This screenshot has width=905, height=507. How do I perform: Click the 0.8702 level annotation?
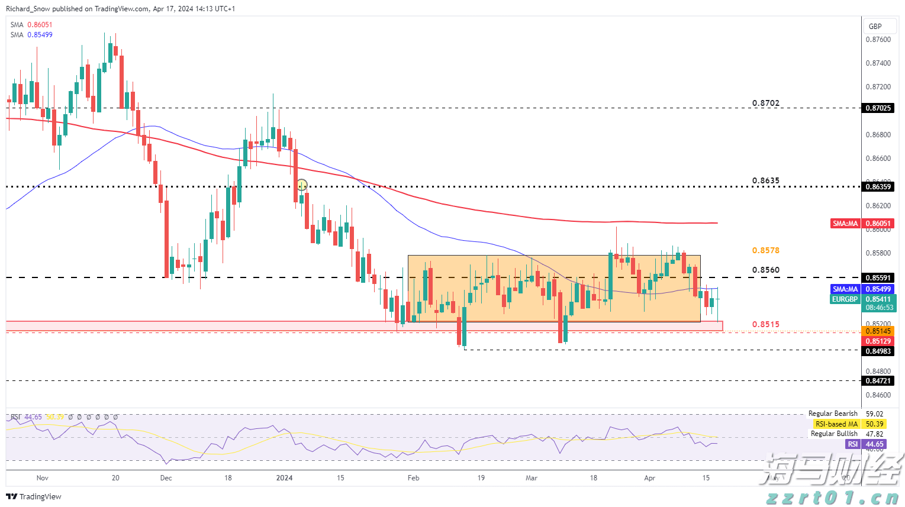point(765,103)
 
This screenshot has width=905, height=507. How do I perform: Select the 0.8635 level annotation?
point(765,181)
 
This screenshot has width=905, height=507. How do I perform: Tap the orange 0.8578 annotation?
point(765,251)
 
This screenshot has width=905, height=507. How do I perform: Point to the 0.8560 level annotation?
point(765,270)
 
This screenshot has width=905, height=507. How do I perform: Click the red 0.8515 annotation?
point(765,325)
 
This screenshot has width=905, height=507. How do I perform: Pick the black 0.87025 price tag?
point(878,108)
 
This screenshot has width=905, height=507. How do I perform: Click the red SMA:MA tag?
point(845,224)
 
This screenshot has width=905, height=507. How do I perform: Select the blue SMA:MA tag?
point(845,289)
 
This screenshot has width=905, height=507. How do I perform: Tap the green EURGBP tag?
point(845,299)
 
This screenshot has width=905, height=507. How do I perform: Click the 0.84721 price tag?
point(878,381)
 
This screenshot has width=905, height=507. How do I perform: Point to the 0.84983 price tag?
point(878,351)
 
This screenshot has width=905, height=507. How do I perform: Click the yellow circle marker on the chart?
point(302,185)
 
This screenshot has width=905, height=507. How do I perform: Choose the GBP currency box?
point(875,26)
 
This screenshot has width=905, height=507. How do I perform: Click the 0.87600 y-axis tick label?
point(878,40)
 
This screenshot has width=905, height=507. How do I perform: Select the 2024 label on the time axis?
point(284,478)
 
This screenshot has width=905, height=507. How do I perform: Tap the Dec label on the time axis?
point(166,478)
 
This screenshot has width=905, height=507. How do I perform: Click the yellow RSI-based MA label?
point(836,424)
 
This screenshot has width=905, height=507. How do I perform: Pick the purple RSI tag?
point(852,444)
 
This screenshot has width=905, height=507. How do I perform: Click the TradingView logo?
point(34,496)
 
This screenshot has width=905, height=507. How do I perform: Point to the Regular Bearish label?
point(833,414)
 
